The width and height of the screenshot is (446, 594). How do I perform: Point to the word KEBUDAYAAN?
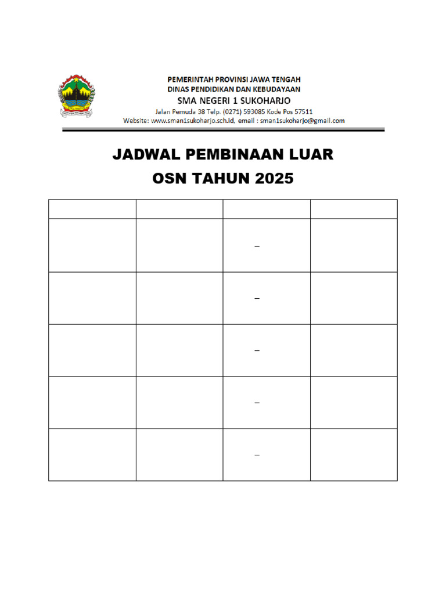click(275, 89)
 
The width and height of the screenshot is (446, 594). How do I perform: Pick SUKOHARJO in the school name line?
click(267, 100)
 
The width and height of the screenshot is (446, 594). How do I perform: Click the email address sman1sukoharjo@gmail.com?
click(303, 121)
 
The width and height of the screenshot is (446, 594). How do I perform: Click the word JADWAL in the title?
click(146, 155)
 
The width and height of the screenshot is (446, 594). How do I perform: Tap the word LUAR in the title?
click(314, 155)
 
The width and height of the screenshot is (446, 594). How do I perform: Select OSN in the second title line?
click(169, 179)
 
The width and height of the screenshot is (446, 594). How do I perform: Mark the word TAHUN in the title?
click(220, 179)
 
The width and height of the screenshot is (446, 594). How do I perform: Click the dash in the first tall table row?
click(257, 246)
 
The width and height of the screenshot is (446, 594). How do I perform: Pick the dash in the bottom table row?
click(257, 455)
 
